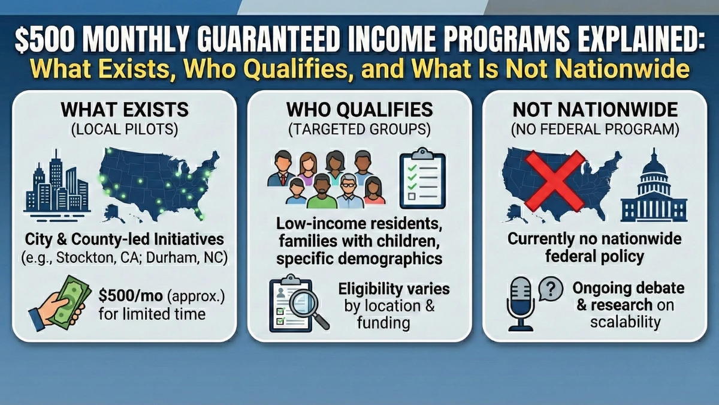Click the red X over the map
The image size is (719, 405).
point(555,181)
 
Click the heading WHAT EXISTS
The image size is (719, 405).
point(125,110)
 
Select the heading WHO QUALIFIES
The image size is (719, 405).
point(359,110)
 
